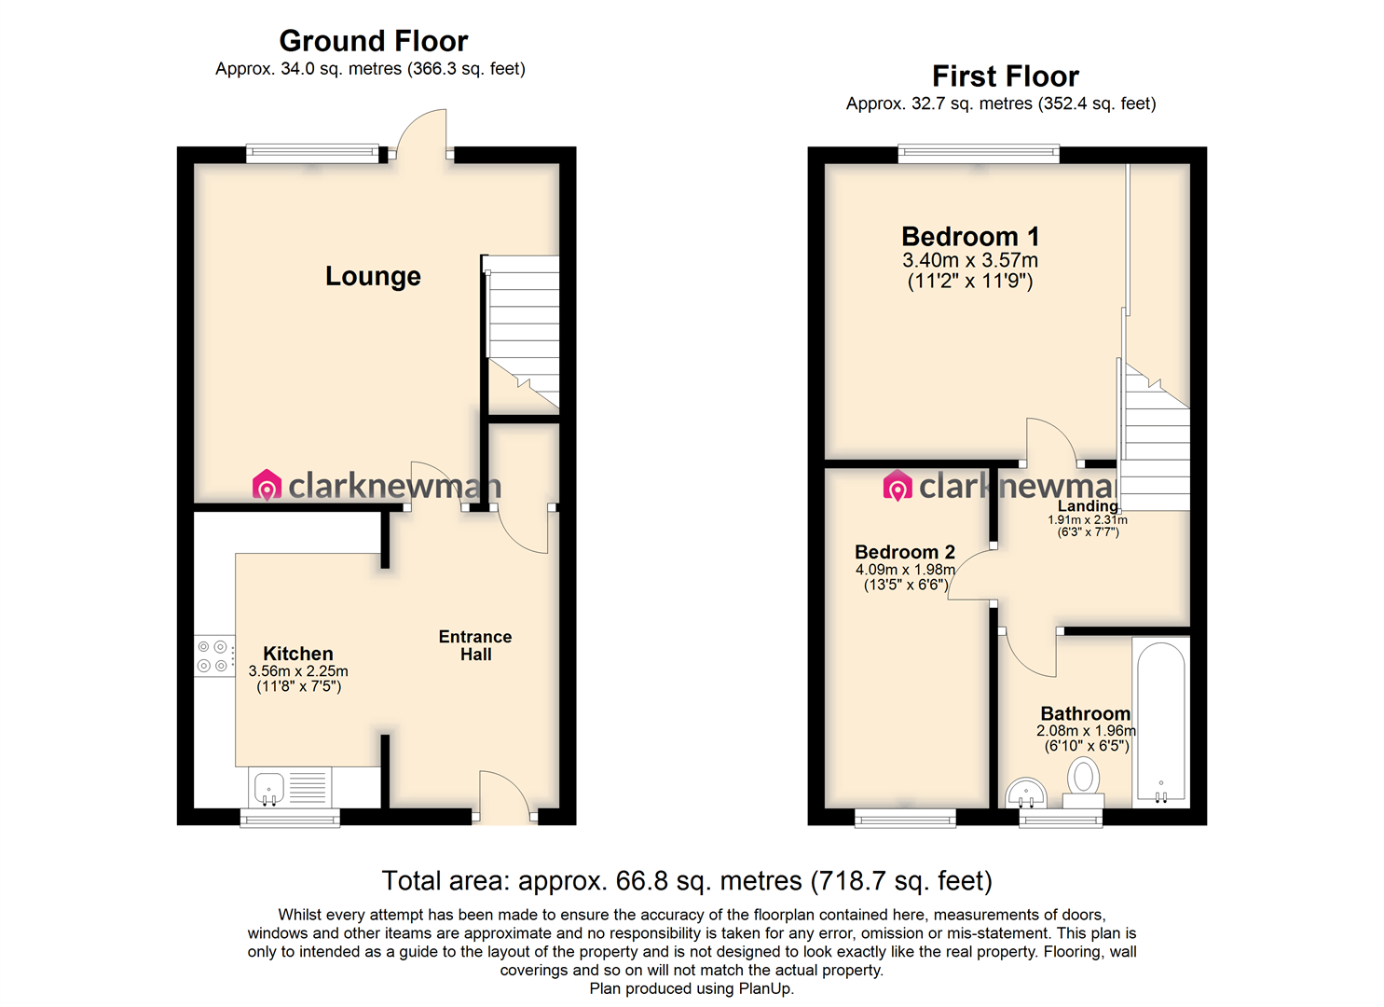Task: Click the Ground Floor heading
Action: coord(373,41)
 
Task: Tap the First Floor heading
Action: coord(1006,76)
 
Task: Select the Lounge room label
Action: coord(373,276)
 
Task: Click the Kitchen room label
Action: coord(298,654)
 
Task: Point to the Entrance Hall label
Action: coord(475,645)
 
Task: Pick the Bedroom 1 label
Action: coord(970,237)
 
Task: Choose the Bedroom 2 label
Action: coord(905,551)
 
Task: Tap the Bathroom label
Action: coord(1086,713)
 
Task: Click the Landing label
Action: coord(1088,506)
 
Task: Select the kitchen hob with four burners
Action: coord(214,655)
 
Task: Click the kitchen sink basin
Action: coord(269,789)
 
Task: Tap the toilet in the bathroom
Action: coord(1083,782)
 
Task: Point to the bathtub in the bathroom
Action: coord(1161,723)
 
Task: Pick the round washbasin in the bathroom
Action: coord(1025,793)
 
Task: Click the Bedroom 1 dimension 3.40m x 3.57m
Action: coord(970,260)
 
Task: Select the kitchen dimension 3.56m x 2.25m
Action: coord(298,670)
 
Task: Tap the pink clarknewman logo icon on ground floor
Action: coord(267,485)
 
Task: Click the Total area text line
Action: coord(687,881)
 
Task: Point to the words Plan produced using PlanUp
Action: coord(692,988)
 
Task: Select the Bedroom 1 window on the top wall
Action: coord(979,154)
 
